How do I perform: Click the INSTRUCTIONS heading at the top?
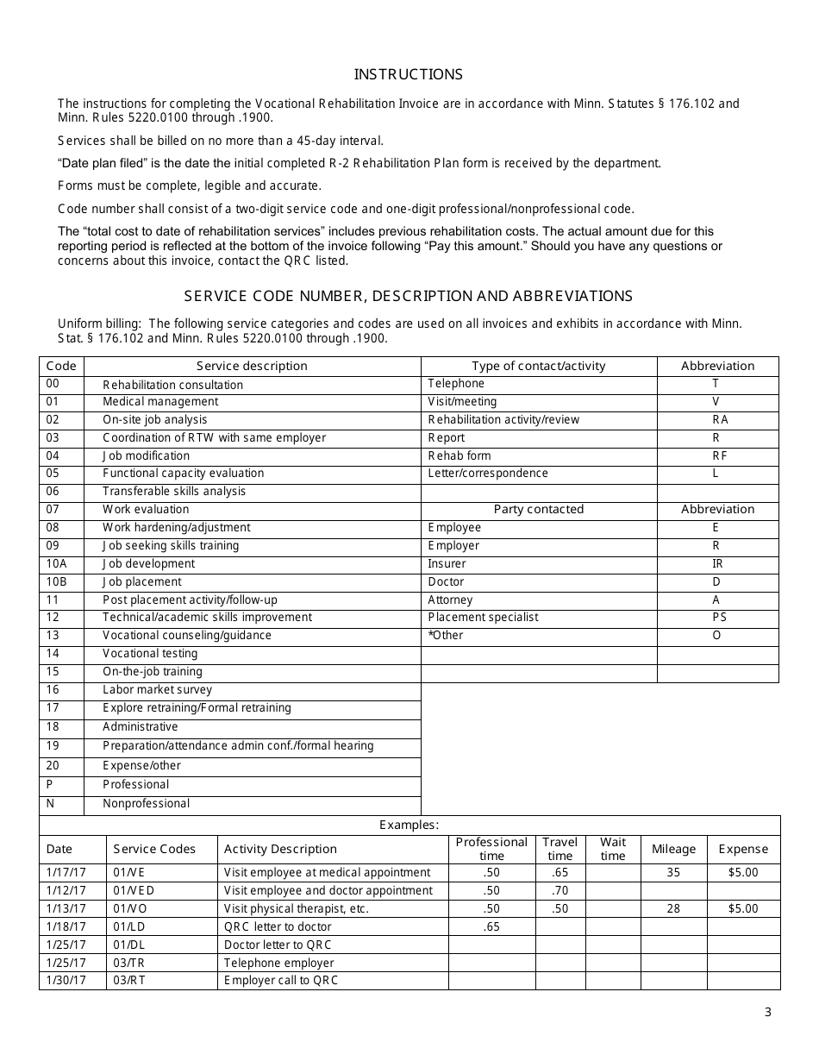point(409,74)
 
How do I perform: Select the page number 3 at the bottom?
point(767,1012)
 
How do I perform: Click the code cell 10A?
point(56,564)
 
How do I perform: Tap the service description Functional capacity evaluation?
point(183,474)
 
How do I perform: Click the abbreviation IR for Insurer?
point(717,564)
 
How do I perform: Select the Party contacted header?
point(538,510)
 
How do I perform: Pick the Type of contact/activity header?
point(538,366)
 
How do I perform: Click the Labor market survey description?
point(157,690)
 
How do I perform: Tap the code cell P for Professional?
point(50,785)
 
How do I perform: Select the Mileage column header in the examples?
point(673,849)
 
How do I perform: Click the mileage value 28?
point(673,909)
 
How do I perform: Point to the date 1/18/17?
point(66,927)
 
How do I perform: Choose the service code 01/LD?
point(130,927)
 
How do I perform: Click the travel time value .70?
point(560,891)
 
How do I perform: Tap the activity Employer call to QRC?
point(281,981)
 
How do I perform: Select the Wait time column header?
point(613,849)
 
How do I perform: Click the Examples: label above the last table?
point(409,826)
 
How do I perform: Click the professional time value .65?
point(491,927)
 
